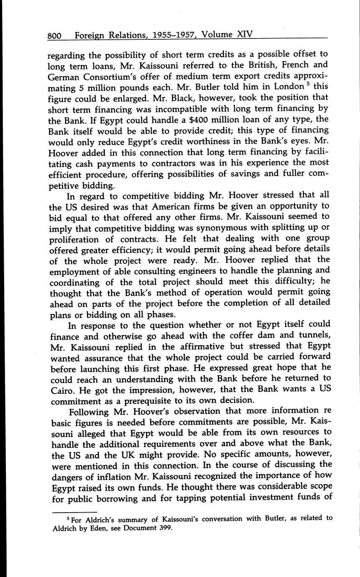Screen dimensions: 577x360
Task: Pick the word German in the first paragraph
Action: (64, 76)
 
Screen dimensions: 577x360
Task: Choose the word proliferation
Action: (82, 239)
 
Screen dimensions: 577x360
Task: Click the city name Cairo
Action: (62, 390)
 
